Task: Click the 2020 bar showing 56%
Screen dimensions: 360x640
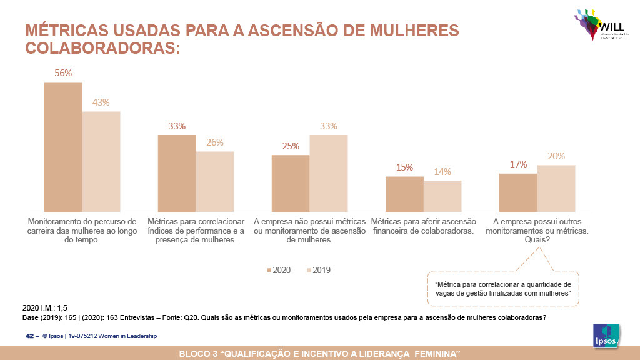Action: point(63,147)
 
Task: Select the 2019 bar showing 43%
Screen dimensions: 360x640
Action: point(101,162)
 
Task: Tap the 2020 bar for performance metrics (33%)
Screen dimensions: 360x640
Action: point(177,174)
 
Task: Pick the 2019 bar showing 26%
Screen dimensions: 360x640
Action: point(215,182)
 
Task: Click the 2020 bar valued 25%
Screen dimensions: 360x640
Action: point(291,184)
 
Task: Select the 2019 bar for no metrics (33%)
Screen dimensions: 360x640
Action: point(329,174)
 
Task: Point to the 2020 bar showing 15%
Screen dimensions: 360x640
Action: point(404,194)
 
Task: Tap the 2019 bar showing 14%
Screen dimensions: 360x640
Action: point(442,196)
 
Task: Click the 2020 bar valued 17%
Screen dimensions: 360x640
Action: point(518,192)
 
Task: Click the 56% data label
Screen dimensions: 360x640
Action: point(63,73)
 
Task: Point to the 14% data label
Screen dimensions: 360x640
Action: point(442,172)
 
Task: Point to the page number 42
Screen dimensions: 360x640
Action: point(29,336)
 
